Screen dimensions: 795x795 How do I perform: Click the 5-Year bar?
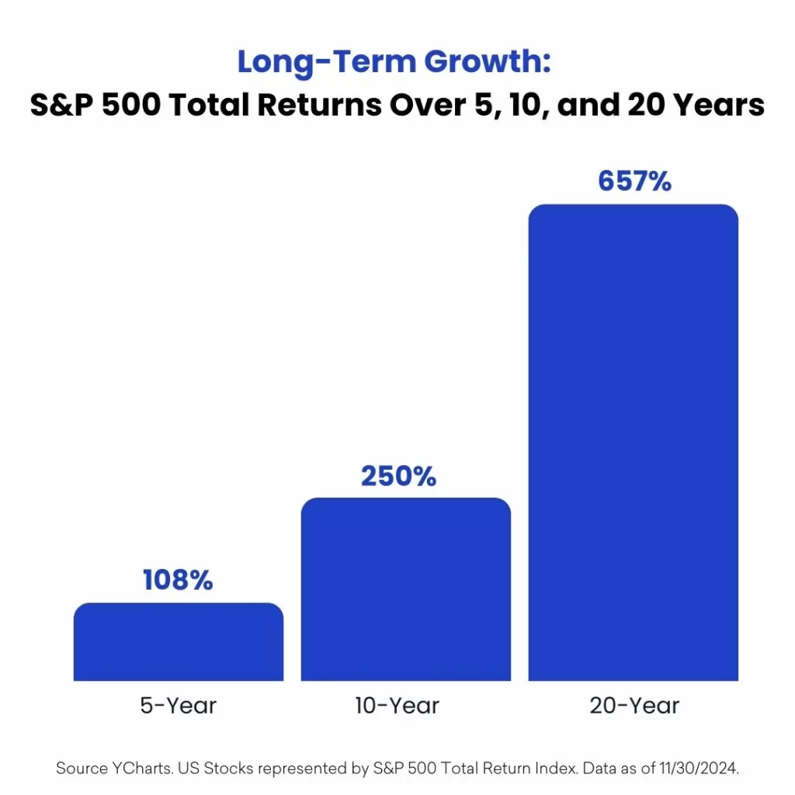pyautogui.click(x=179, y=642)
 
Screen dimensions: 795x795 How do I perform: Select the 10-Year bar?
pyautogui.click(x=405, y=589)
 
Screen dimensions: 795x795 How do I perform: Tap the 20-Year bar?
pyautogui.click(x=634, y=443)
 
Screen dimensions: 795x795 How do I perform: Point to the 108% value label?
pyautogui.click(x=178, y=579)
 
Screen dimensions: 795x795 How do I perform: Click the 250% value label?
pyautogui.click(x=398, y=476)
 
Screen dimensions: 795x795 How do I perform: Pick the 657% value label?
pyautogui.click(x=635, y=181)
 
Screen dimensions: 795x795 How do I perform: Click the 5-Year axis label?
pyautogui.click(x=178, y=705)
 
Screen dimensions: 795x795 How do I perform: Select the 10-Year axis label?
pyautogui.click(x=397, y=705)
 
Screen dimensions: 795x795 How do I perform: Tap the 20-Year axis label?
pyautogui.click(x=634, y=705)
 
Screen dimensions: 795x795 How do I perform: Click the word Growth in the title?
pyautogui.click(x=488, y=62)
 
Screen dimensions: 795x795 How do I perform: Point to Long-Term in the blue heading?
pyautogui.click(x=327, y=62)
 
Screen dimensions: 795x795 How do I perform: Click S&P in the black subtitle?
pyautogui.click(x=61, y=105)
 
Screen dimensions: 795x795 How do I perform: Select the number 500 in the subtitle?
pyautogui.click(x=131, y=105)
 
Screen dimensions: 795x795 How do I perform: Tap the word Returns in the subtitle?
pyautogui.click(x=319, y=105)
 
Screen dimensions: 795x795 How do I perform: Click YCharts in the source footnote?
pyautogui.click(x=143, y=768)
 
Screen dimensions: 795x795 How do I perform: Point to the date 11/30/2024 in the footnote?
pyautogui.click(x=699, y=768)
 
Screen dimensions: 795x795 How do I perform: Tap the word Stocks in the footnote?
pyautogui.click(x=228, y=768)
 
